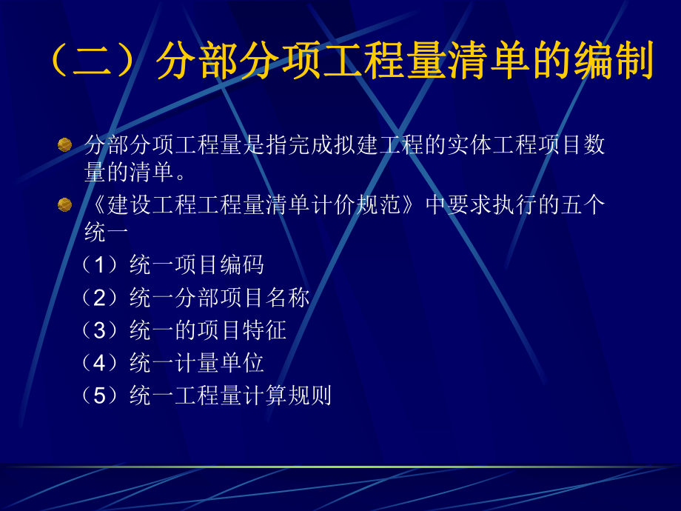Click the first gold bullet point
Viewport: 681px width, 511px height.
65,144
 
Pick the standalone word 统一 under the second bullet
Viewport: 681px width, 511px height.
107,233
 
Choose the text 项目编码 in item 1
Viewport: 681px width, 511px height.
219,264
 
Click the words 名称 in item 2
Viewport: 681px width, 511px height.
288,298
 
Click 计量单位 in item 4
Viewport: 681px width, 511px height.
219,363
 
